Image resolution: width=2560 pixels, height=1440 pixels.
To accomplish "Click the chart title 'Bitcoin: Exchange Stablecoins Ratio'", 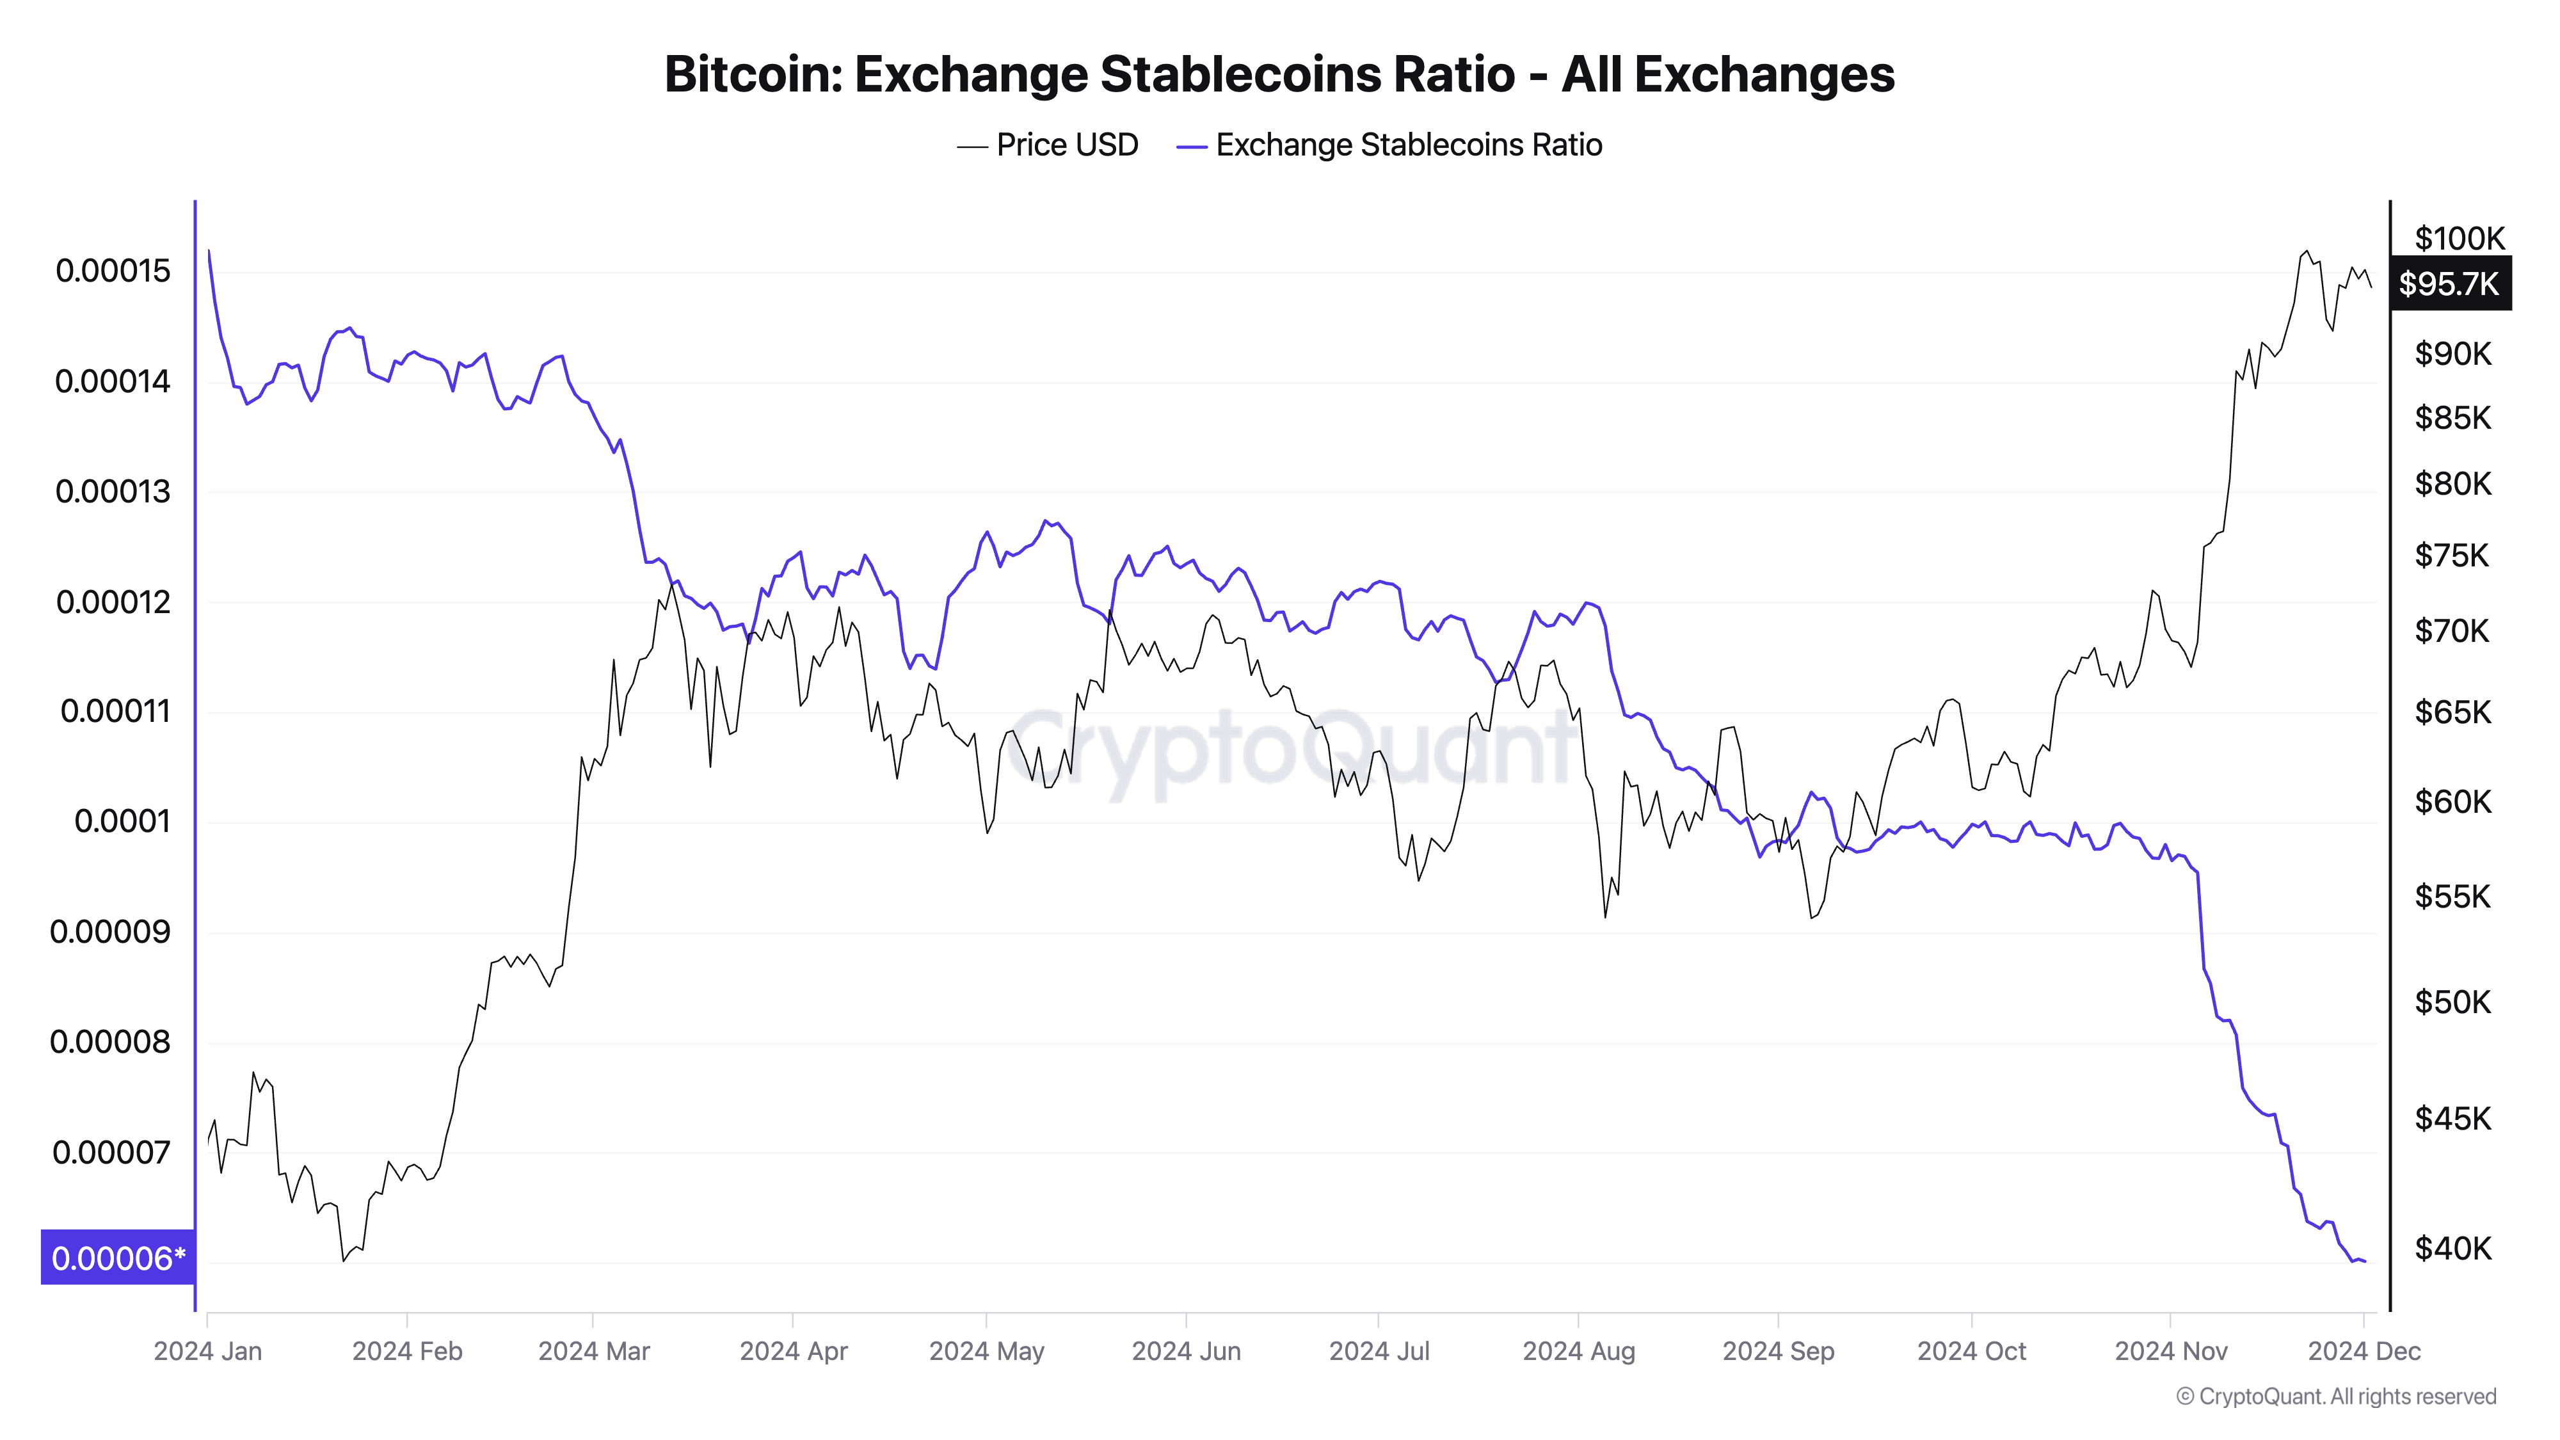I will point(1279,74).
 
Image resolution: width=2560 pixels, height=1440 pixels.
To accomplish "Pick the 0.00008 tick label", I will point(110,1041).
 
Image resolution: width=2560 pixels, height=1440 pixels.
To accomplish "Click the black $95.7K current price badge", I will point(2449,284).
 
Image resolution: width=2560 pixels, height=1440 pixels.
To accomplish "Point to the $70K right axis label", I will point(2452,631).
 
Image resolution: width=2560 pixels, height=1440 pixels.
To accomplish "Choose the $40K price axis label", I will point(2452,1248).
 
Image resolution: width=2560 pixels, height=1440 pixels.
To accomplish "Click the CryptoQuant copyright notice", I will point(2335,1396).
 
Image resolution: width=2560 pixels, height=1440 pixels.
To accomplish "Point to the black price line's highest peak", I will point(2305,252).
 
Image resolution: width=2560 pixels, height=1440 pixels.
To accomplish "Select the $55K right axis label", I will point(2452,897).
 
